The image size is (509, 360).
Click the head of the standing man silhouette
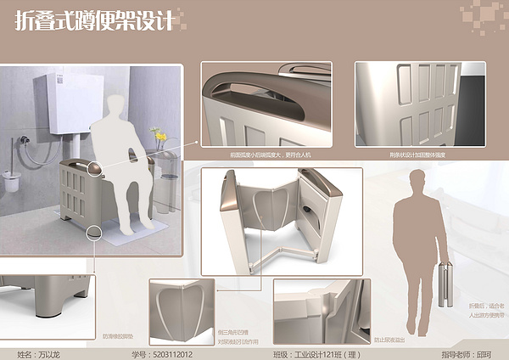click(x=417, y=181)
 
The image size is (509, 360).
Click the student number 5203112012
click(x=162, y=352)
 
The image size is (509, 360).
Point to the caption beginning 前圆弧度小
click(x=248, y=155)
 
